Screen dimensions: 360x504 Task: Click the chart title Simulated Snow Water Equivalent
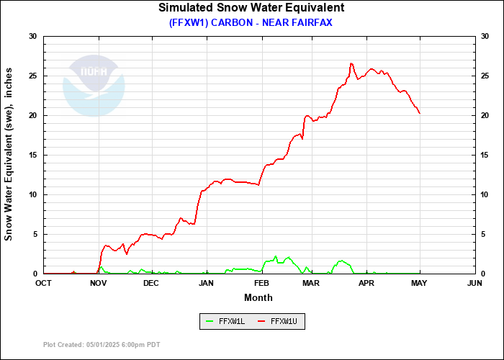251,8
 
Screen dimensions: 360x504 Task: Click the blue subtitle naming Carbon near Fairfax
251,22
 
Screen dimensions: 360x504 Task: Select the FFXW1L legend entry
225,322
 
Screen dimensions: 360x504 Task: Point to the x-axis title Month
258,297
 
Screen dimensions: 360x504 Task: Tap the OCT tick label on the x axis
44,283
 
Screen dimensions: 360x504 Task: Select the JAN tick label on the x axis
207,283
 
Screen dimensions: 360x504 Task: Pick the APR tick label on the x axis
366,283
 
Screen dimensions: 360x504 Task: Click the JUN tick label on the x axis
474,283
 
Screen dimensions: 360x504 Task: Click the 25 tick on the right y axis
485,76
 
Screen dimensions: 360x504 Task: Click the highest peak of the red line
351,63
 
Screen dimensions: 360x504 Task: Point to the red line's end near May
420,113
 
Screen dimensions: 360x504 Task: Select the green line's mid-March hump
341,261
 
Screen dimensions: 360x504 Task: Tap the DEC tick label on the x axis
150,283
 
